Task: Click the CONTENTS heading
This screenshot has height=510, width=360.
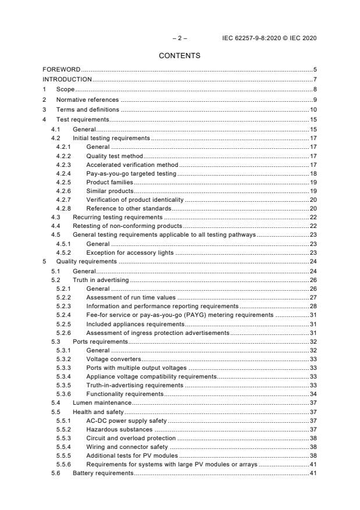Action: [x=179, y=56]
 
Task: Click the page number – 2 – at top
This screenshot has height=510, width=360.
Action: [x=180, y=38]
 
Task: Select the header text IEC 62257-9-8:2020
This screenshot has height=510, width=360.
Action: [x=252, y=38]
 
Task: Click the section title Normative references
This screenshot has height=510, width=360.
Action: [x=87, y=99]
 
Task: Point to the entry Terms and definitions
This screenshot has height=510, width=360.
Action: [x=87, y=109]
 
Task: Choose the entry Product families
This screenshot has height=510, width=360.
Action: [x=109, y=182]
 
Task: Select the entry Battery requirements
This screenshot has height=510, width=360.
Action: [x=103, y=474]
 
